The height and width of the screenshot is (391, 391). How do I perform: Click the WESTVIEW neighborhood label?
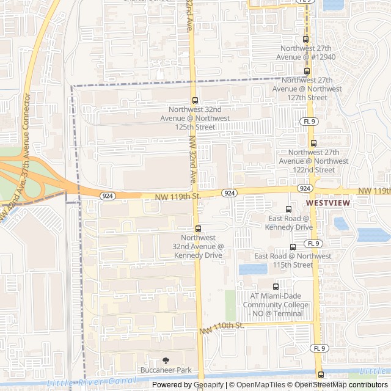click(327, 202)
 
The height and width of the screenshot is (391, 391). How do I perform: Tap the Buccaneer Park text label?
click(166, 370)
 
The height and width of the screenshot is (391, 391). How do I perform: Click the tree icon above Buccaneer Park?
click(166, 360)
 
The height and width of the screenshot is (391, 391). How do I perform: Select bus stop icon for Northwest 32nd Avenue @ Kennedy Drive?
click(197, 228)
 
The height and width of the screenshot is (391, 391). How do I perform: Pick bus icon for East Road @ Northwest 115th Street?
click(293, 247)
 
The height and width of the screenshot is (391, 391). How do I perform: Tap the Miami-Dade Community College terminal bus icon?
click(276, 286)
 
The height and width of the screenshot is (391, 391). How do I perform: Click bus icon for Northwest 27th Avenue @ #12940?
click(306, 39)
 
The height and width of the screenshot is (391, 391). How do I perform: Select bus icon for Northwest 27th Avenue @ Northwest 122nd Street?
click(313, 144)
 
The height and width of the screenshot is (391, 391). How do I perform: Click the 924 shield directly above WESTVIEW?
click(305, 188)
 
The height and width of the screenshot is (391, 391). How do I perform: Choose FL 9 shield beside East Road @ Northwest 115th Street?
click(313, 243)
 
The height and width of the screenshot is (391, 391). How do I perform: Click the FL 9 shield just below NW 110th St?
click(318, 348)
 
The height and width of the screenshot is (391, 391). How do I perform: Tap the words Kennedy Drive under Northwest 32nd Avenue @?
click(202, 255)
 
